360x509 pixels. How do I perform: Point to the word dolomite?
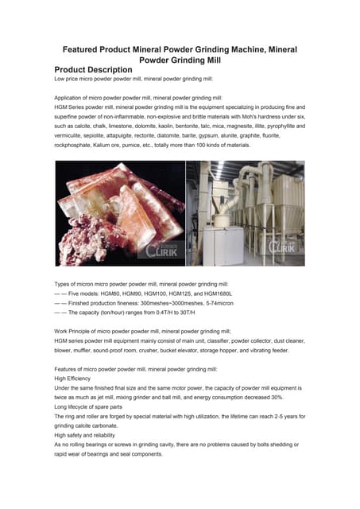pos(150,126)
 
